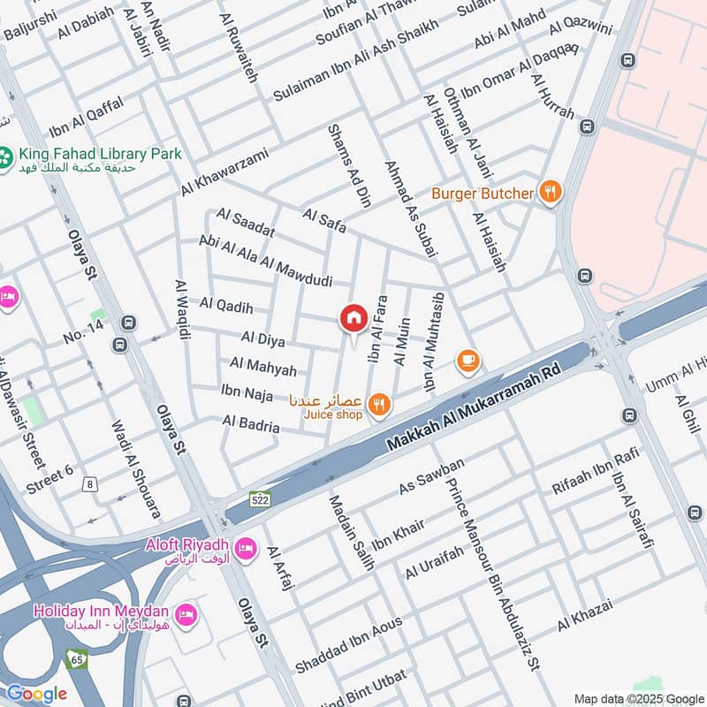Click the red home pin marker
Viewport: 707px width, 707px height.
(353, 318)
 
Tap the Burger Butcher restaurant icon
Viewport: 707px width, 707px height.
(550, 193)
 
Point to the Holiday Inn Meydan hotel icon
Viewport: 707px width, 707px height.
(185, 612)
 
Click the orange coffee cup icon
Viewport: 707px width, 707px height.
(468, 360)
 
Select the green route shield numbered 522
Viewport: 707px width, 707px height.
(259, 499)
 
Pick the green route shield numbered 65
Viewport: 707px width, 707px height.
(76, 658)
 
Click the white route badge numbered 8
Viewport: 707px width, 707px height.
(89, 483)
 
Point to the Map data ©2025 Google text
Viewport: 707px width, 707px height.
(640, 698)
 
